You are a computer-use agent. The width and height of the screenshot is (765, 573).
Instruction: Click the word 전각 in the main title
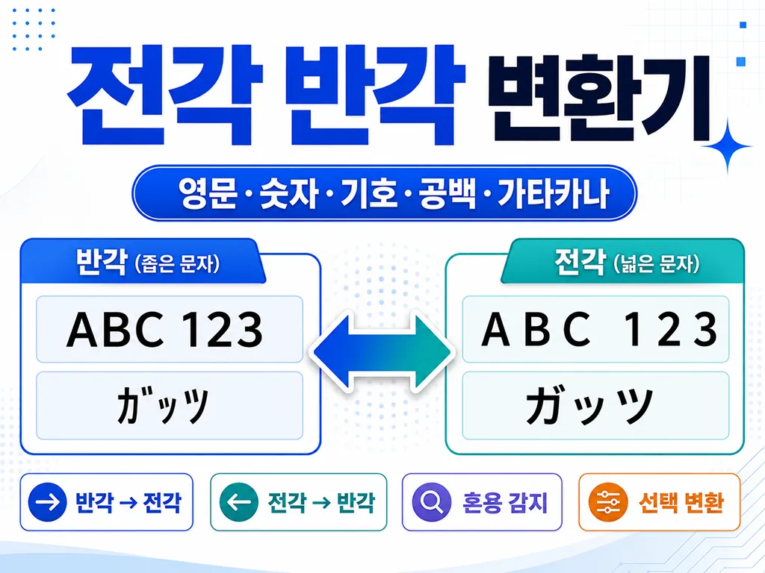pyautogui.click(x=165, y=95)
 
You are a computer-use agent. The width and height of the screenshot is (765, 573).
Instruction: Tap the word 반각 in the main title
pyautogui.click(x=375, y=95)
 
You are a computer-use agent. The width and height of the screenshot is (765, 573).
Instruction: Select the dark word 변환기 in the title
pyautogui.click(x=598, y=98)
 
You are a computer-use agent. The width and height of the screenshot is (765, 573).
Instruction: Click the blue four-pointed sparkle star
pyautogui.click(x=728, y=146)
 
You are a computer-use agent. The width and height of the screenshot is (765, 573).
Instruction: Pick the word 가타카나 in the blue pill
pyautogui.click(x=554, y=193)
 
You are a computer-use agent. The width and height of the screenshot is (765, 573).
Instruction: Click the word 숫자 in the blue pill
pyautogui.click(x=288, y=193)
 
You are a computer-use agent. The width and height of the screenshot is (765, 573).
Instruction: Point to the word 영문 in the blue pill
pyautogui.click(x=208, y=193)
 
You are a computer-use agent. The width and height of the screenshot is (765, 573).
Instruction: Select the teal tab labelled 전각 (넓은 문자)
pyautogui.click(x=622, y=261)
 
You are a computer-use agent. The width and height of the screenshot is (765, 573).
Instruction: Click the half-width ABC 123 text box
pyautogui.click(x=170, y=329)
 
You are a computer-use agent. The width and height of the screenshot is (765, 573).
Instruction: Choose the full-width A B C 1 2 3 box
pyautogui.click(x=595, y=329)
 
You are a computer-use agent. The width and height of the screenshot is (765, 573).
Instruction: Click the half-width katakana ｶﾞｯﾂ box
pyautogui.click(x=170, y=405)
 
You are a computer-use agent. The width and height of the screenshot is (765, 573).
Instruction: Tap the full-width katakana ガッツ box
pyautogui.click(x=595, y=405)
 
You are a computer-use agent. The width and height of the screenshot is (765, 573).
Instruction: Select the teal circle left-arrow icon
pyautogui.click(x=238, y=502)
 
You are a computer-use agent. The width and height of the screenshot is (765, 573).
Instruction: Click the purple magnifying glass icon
pyautogui.click(x=431, y=502)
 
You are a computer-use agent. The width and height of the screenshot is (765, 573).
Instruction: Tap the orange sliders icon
pyautogui.click(x=608, y=502)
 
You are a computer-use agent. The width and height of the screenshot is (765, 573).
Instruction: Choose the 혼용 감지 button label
pyautogui.click(x=506, y=502)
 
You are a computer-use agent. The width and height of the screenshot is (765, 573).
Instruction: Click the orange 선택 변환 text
pyautogui.click(x=681, y=502)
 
